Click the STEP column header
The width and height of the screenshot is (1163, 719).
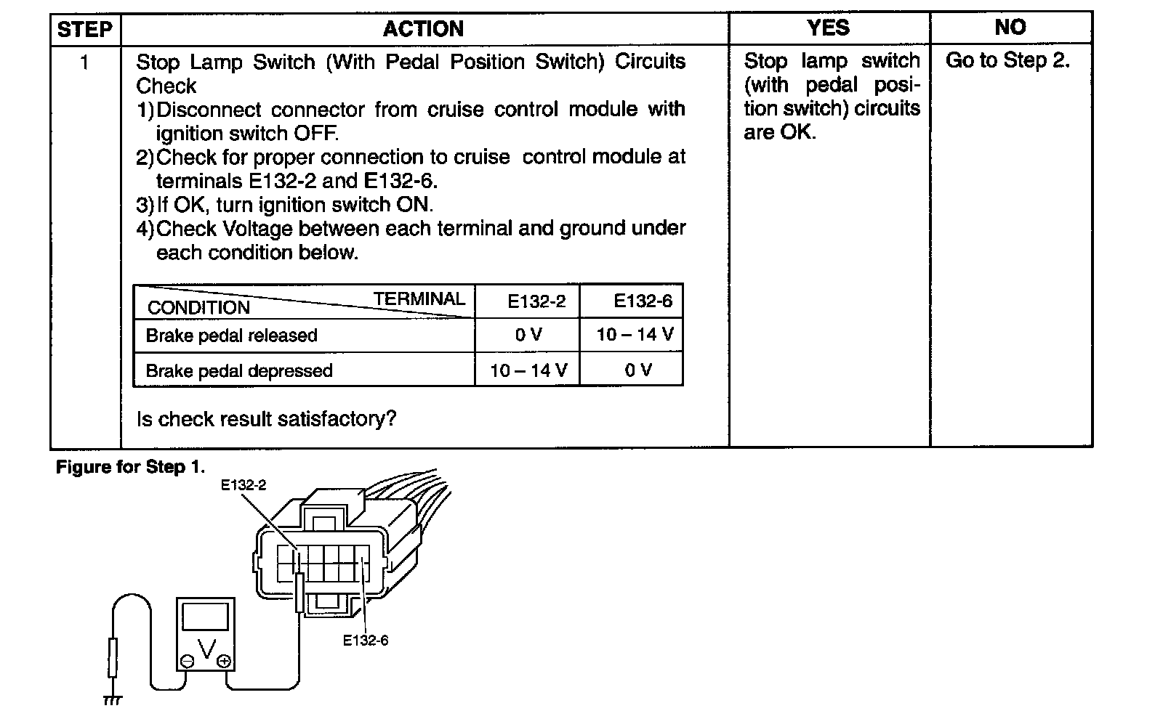[84, 29]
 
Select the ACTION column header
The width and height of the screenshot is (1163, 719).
[423, 29]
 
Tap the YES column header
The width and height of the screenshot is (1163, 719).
[828, 28]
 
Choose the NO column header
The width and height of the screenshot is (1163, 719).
[1010, 28]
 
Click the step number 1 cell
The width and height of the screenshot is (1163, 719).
[84, 63]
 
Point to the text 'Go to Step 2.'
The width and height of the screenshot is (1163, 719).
[1007, 61]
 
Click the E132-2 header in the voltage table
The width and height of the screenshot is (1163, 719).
[536, 301]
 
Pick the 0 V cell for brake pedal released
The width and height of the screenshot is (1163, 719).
[528, 335]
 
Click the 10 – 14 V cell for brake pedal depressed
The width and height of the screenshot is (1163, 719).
[528, 370]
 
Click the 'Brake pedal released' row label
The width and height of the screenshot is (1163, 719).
[231, 336]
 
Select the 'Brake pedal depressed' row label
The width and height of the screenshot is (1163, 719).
[239, 371]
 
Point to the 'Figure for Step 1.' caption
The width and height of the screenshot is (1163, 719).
[130, 467]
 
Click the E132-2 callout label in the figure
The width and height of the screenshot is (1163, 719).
[244, 485]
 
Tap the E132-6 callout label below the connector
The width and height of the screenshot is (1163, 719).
[366, 641]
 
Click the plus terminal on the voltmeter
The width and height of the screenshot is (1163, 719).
[224, 661]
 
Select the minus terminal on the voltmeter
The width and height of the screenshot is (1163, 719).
[188, 661]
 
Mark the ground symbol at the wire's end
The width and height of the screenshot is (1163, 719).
[112, 700]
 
